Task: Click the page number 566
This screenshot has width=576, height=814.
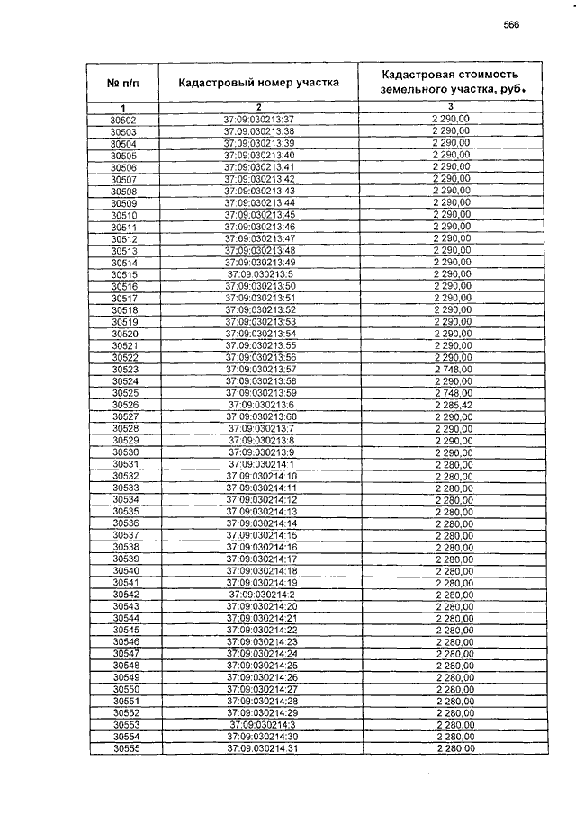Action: point(512,25)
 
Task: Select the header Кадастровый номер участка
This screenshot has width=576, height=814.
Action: point(258,83)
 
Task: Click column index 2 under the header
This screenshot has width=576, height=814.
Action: point(259,108)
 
